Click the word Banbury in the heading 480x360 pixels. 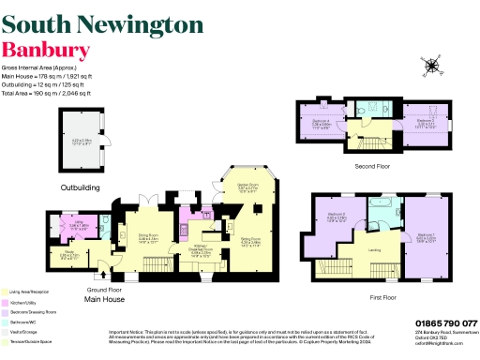46,50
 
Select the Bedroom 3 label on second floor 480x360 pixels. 426,121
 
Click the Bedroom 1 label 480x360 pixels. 427,234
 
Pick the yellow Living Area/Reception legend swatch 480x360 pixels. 6,292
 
